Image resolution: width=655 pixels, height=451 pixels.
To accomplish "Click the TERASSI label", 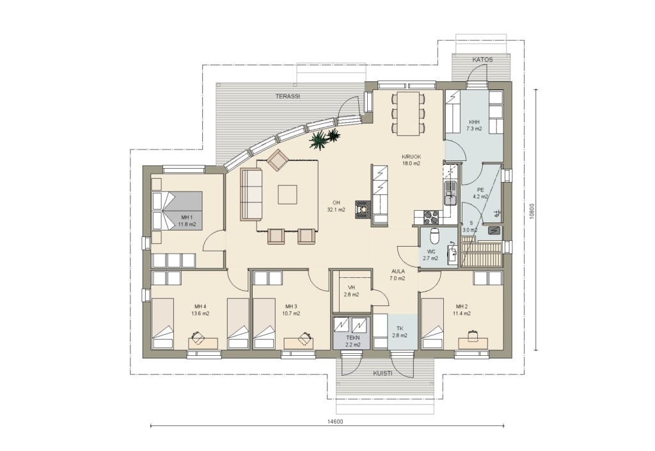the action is click(287, 96).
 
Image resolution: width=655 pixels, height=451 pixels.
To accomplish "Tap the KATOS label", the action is click(482, 59).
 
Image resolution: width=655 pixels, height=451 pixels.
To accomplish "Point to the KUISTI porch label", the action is click(383, 374).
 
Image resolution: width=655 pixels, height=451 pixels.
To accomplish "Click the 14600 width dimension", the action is click(335, 422).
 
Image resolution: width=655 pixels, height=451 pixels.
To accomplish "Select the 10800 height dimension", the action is click(531, 211).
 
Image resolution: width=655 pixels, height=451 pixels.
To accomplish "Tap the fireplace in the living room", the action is click(363, 210).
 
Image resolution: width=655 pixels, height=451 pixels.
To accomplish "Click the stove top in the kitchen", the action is click(431, 217).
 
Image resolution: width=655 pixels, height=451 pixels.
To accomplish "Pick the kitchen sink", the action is click(450, 194).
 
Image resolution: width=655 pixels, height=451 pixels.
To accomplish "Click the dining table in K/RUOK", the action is click(407, 114).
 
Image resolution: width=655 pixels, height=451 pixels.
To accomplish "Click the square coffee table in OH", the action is click(288, 194).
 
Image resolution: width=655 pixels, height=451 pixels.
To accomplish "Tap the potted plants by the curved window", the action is click(324, 139).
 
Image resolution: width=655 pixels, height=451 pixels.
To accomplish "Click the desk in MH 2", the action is click(473, 342).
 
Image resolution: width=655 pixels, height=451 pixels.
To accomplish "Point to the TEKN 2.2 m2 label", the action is click(353, 341).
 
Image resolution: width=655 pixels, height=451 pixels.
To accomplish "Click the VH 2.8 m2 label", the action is click(351, 291).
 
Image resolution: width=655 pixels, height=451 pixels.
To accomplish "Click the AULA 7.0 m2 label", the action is click(397, 275).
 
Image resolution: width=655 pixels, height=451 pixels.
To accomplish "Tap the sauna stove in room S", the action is click(494, 230).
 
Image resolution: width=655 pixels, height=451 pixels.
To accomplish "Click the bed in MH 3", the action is click(264, 323).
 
